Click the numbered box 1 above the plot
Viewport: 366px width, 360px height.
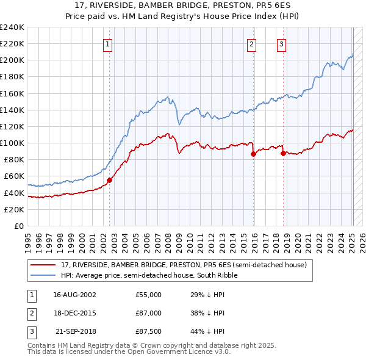click(x=107, y=43)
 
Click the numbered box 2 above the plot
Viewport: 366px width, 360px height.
click(x=251, y=43)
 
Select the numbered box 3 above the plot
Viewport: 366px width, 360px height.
click(x=281, y=43)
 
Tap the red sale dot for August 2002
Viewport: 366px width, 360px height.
click(x=110, y=180)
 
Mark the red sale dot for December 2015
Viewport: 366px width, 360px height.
click(x=253, y=154)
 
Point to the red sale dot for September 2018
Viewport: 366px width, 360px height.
click(x=284, y=153)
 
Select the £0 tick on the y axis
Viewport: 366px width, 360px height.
click(x=18, y=226)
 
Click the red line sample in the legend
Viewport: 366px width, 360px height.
click(x=43, y=265)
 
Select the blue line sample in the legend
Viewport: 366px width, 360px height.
click(x=43, y=275)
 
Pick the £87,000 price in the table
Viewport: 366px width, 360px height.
click(x=148, y=313)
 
